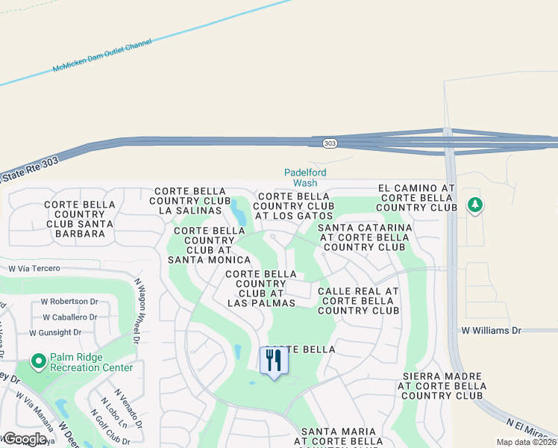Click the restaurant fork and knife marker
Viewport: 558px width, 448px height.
pyautogui.click(x=274, y=361)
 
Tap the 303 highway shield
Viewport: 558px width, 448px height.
pyautogui.click(x=329, y=143)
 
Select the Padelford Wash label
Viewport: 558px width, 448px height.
pyautogui.click(x=305, y=177)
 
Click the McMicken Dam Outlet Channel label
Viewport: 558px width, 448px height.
pyautogui.click(x=101, y=57)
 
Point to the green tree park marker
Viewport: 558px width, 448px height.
pyautogui.click(x=474, y=205)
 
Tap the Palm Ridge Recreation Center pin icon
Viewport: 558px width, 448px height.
pyautogui.click(x=39, y=361)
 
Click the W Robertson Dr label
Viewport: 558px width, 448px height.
pyautogui.click(x=69, y=302)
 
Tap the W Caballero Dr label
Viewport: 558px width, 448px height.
pyautogui.click(x=69, y=317)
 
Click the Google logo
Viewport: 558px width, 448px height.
pyautogui.click(x=25, y=439)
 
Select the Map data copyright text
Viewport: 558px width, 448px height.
pyautogui.click(x=526, y=442)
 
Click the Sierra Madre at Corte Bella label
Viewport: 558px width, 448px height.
pyautogui.click(x=443, y=385)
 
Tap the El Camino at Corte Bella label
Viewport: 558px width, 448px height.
pyautogui.click(x=417, y=198)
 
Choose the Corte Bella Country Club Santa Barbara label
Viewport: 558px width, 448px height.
pyautogui.click(x=79, y=219)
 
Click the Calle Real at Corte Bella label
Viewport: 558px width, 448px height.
pyautogui.click(x=358, y=301)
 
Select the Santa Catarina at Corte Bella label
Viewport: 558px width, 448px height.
pyautogui.click(x=365, y=237)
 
